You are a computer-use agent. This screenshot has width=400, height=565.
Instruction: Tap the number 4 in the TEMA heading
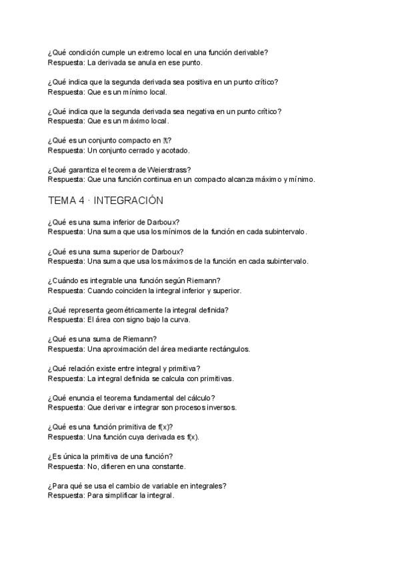[x=81, y=201]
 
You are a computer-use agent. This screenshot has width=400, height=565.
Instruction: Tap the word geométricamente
[x=131, y=310]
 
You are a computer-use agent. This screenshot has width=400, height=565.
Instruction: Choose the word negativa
[x=197, y=111]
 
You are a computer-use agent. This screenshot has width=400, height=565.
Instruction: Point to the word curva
[x=179, y=319]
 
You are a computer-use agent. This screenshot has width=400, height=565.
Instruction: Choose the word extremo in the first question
[x=142, y=53]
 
